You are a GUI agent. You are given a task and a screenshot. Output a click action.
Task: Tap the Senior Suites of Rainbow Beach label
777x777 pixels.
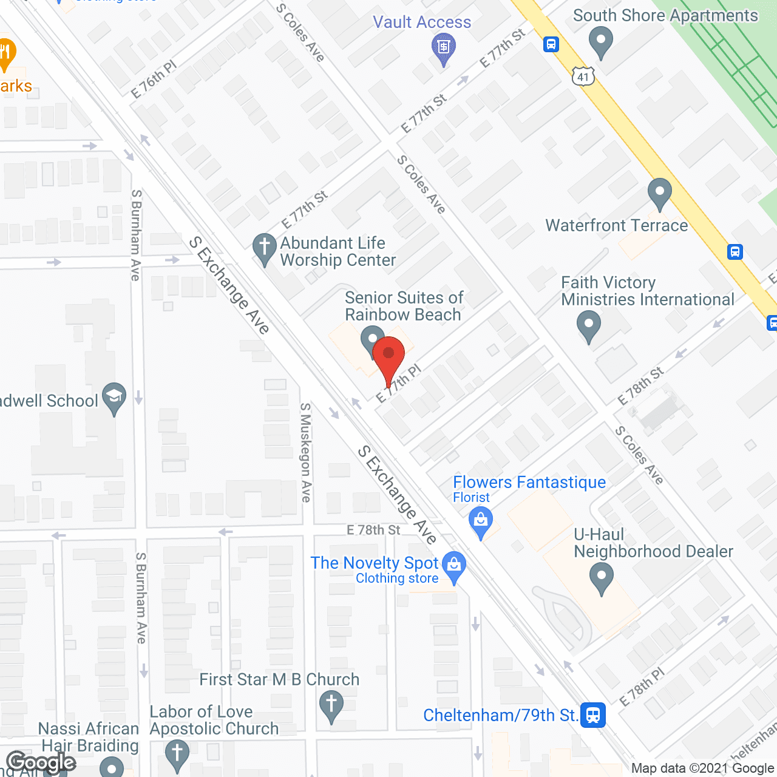point(404,306)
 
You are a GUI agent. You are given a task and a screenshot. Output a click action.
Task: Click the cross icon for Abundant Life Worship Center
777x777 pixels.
point(264,248)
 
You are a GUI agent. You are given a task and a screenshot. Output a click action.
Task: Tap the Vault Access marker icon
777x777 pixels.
point(444,47)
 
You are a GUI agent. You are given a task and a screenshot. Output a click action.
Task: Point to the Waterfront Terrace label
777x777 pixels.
point(617,226)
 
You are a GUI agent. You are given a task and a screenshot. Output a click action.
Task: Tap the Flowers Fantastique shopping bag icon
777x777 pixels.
point(481,521)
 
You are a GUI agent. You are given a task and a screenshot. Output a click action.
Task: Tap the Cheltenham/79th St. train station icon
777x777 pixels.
point(593,714)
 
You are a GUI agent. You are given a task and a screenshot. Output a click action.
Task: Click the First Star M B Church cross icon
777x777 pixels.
point(331,705)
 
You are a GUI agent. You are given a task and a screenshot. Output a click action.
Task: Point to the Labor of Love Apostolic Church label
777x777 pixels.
point(214,720)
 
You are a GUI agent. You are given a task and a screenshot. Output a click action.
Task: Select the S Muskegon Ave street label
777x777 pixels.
point(306,452)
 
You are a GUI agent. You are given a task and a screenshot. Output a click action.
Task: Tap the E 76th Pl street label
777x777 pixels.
point(154,80)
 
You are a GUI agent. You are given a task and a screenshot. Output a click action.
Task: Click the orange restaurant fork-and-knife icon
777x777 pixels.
point(5,53)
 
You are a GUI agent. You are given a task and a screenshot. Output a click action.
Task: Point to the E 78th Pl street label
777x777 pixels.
point(642,687)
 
